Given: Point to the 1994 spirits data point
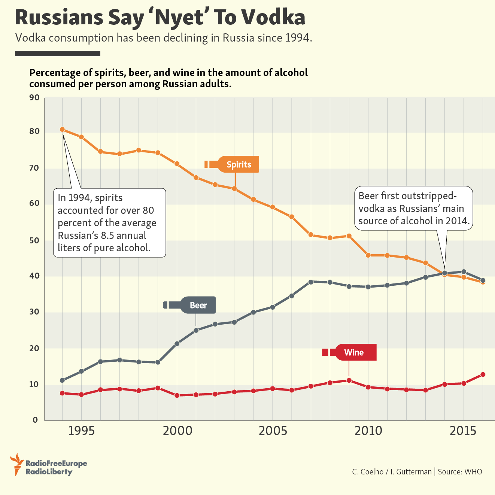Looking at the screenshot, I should coord(62,130).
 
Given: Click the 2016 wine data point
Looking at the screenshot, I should coord(483,374).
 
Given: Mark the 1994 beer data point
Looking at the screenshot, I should coord(62,380).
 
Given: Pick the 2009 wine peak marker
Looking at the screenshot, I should coord(349,380).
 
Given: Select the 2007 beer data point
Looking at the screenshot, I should coord(311,282).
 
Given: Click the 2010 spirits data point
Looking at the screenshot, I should coord(368,255).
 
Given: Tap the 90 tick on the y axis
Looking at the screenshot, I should coord(34,98).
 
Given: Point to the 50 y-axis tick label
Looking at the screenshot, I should coord(34,240).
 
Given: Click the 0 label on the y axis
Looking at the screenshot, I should coord(36,420).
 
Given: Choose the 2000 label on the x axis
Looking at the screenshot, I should coord(177,431).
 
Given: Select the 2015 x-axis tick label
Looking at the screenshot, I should coord(463,431).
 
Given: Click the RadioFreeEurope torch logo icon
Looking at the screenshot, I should coord(16,464).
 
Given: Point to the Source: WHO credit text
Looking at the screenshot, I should coord(460,472).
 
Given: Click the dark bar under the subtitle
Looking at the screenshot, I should coord(58,54).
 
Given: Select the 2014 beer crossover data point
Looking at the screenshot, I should coord(444,273).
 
